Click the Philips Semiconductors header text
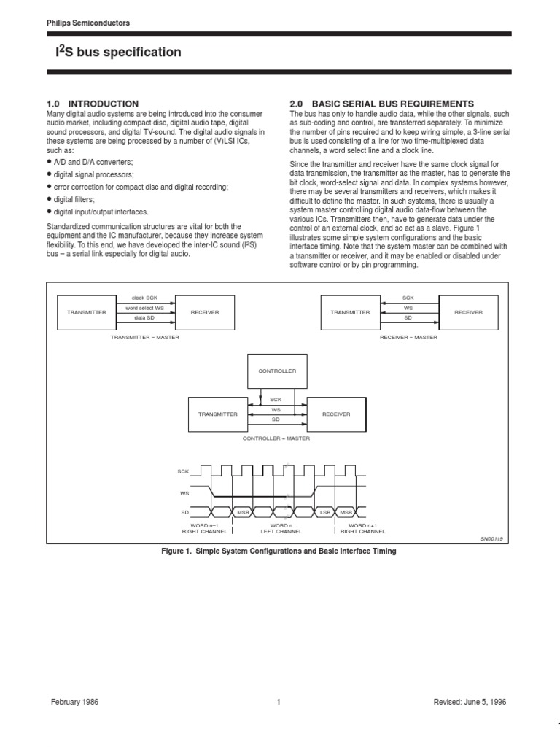pos(87,23)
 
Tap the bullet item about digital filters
pos(74,199)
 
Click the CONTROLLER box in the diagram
pos(277,371)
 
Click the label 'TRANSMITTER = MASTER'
pos(144,338)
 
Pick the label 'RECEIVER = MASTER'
pos(408,338)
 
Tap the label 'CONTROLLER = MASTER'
pos(276,438)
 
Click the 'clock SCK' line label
pos(144,298)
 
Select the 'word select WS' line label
pos(144,308)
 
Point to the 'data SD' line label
pos(144,318)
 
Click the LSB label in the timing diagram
pos(325,512)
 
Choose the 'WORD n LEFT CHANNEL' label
pos(281,528)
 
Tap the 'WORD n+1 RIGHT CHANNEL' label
pos(358,528)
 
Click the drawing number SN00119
pos(491,538)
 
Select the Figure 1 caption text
pos(279,551)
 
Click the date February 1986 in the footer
pos(74,702)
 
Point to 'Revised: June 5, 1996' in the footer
pos(470,702)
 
